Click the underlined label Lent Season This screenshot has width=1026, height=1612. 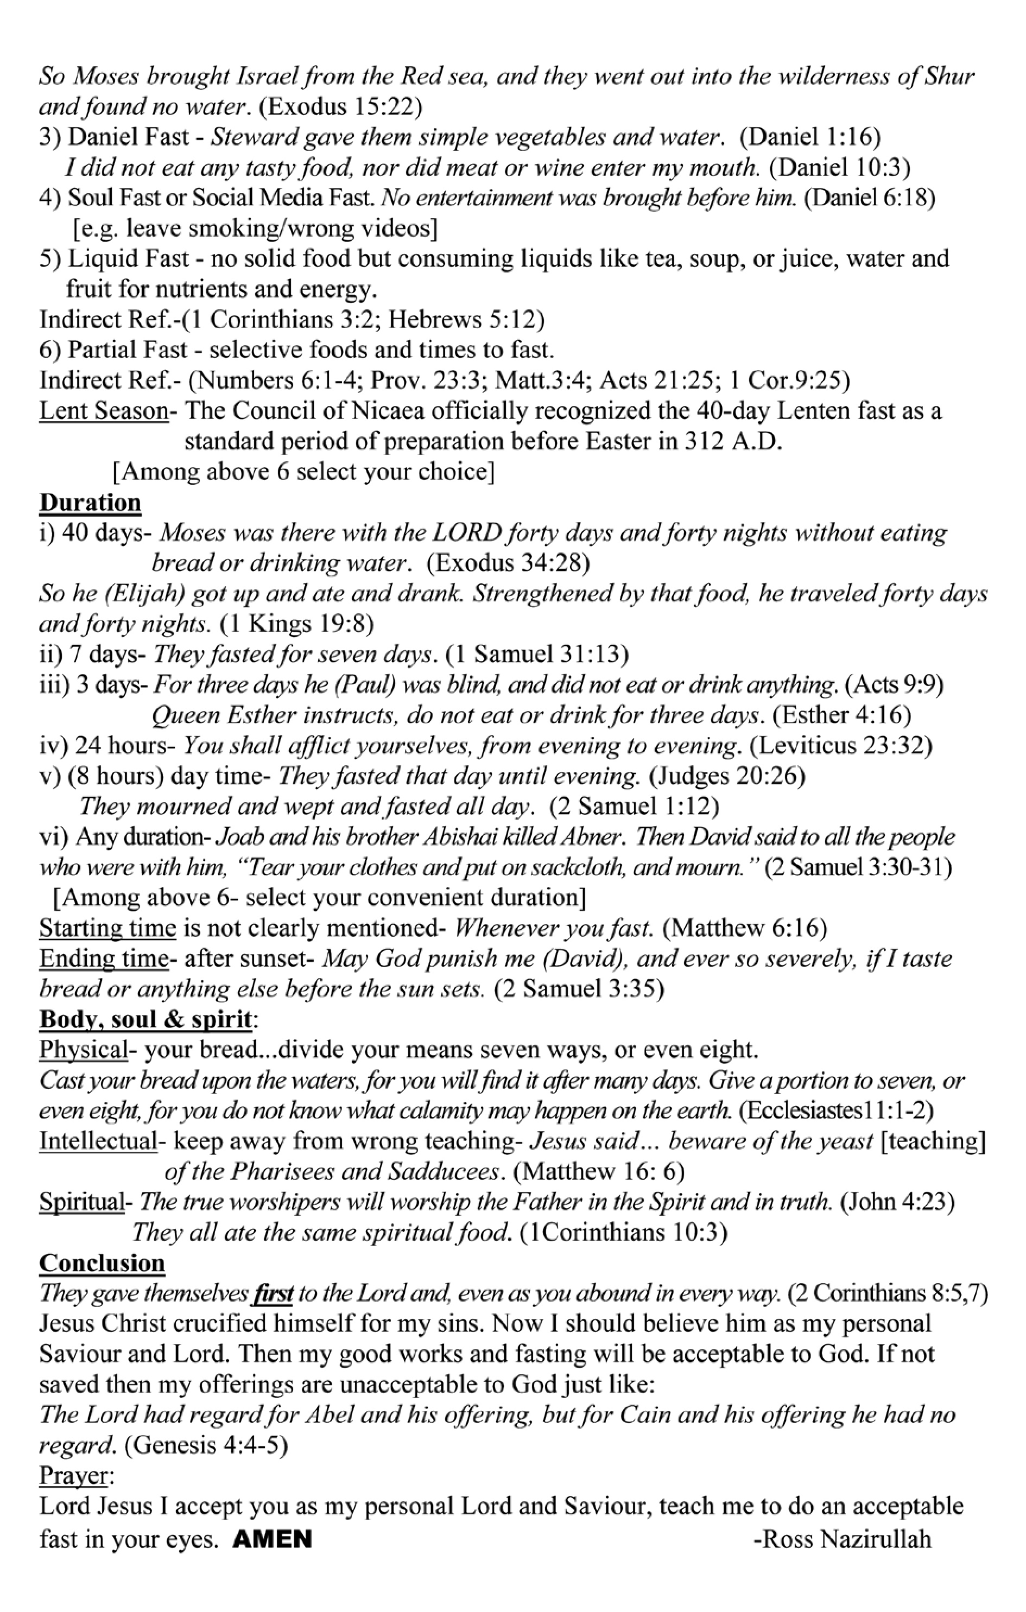click(104, 411)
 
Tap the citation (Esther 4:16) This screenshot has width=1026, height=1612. click(842, 715)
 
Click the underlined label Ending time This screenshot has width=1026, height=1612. click(104, 959)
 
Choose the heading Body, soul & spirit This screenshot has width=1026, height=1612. click(146, 1019)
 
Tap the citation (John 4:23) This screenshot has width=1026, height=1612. click(897, 1202)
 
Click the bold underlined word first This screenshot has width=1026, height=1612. click(272, 1294)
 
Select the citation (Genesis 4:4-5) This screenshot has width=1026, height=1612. click(206, 1446)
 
